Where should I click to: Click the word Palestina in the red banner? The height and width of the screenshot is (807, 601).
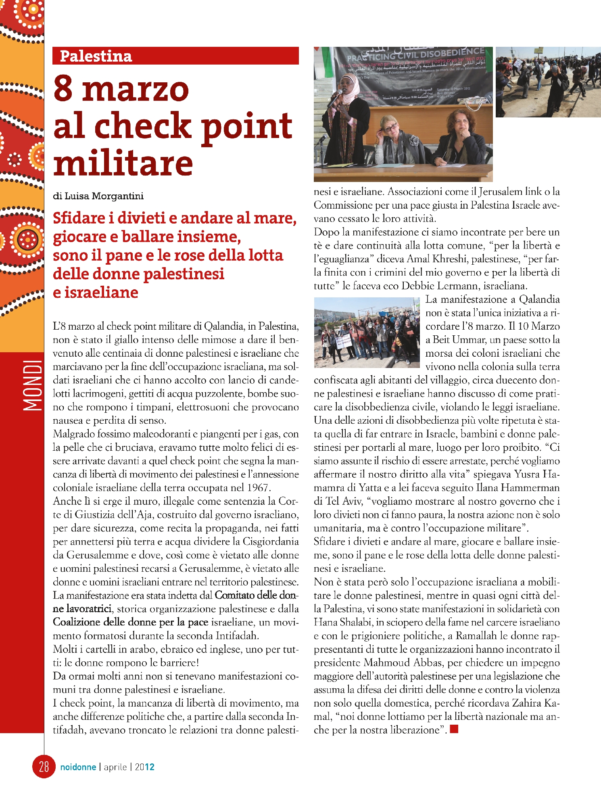point(96,56)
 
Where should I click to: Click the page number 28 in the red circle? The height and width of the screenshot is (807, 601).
point(44,766)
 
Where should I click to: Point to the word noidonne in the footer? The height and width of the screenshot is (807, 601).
point(78,767)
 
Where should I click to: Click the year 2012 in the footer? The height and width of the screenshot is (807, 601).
point(145,767)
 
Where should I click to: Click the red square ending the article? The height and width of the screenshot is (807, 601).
point(454,729)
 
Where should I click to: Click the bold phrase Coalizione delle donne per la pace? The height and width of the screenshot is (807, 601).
point(131,622)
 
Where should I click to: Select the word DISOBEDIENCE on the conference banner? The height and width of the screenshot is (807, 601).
point(452,52)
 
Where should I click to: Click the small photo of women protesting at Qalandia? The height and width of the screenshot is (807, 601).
point(367,332)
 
